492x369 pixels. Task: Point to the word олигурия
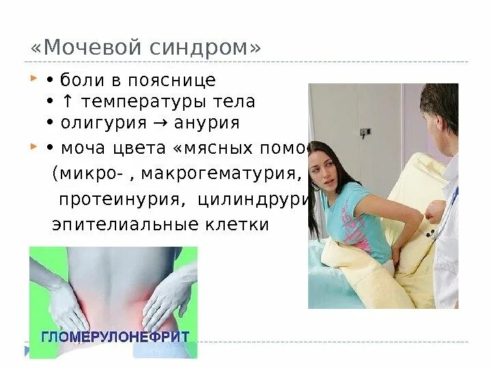(x=103, y=123)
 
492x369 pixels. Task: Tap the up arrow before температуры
(x=68, y=102)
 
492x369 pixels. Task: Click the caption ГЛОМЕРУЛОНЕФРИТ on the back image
(x=113, y=337)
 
